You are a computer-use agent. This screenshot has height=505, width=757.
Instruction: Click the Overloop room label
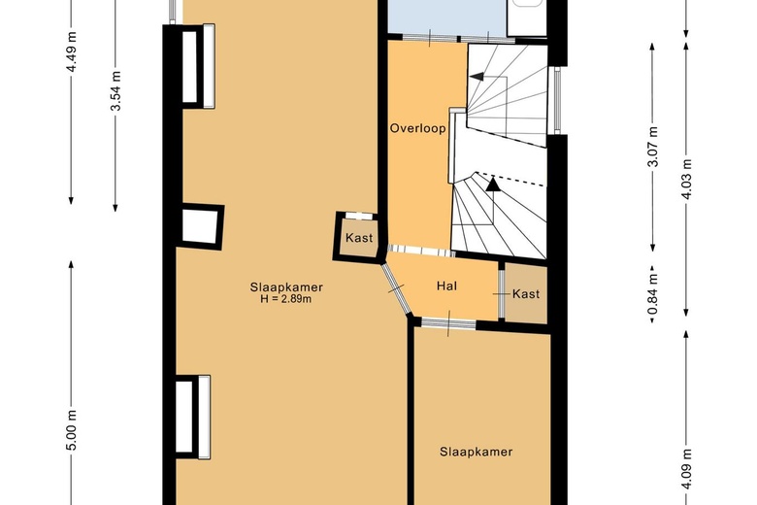[417, 128]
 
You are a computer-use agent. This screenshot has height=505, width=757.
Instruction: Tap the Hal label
[446, 286]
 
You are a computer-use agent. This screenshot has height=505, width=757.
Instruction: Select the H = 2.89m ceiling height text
[285, 299]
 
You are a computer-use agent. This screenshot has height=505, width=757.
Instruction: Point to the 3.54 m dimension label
[115, 90]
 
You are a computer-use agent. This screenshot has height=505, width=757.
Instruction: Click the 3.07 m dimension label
[653, 146]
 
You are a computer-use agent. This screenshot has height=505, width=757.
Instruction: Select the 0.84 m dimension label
[653, 293]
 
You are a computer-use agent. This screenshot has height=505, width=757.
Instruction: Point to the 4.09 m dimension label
[687, 469]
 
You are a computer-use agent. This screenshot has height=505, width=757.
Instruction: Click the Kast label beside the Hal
[526, 294]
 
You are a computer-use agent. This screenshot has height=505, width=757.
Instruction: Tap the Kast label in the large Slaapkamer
[359, 238]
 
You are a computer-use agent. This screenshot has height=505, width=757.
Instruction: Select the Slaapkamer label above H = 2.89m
[286, 287]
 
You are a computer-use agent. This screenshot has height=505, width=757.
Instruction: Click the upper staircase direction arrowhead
[477, 77]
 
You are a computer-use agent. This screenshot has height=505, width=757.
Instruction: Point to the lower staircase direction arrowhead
[493, 185]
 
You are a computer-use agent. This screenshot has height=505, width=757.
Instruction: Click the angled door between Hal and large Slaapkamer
[395, 289]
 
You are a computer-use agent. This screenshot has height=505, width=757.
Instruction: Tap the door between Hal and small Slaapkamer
[448, 323]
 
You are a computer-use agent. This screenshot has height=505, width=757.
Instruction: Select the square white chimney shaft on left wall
[201, 226]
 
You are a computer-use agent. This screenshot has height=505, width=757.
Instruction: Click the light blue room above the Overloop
[447, 17]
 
